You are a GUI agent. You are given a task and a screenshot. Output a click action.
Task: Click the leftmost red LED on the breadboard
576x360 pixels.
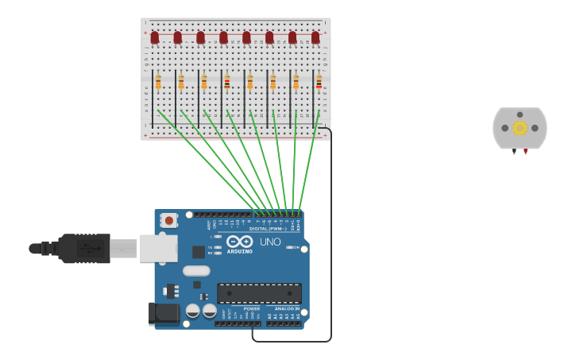click(x=155, y=37)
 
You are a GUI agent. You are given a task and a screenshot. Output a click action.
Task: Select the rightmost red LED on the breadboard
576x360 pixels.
click(x=315, y=37)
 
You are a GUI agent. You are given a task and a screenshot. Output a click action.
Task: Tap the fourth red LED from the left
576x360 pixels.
click(x=224, y=37)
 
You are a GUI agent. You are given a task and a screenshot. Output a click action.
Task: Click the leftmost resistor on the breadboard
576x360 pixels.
click(x=158, y=82)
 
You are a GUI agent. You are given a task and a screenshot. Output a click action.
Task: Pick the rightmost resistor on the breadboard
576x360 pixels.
click(x=319, y=82)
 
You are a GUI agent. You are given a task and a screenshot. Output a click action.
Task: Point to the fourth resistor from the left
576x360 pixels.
click(x=227, y=82)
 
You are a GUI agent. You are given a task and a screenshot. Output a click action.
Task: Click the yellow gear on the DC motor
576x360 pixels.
click(x=520, y=128)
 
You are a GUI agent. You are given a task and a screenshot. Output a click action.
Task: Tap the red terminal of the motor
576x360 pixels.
click(x=525, y=151)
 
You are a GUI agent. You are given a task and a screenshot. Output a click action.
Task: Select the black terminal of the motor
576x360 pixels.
click(x=514, y=151)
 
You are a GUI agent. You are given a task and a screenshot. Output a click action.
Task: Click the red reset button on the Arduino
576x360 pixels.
click(x=168, y=220)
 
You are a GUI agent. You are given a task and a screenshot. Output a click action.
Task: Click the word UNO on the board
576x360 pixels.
click(x=270, y=242)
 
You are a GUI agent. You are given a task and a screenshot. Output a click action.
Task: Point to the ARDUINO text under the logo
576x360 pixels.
click(x=240, y=251)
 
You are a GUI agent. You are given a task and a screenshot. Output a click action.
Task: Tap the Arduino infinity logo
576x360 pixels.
click(x=240, y=241)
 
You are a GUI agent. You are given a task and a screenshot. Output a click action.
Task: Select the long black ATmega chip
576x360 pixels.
click(x=259, y=293)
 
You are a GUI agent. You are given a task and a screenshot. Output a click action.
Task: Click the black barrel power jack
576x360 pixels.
click(x=164, y=313)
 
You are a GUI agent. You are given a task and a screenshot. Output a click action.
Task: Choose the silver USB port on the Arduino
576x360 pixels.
click(x=158, y=248)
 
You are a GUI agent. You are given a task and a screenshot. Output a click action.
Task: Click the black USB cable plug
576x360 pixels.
click(x=83, y=248)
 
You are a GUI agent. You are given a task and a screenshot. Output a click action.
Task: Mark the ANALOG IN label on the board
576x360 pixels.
click(x=288, y=308)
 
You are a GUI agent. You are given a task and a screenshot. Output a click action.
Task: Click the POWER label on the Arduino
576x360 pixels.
click(x=251, y=308)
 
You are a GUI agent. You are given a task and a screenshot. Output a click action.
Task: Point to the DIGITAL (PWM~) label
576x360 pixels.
click(x=268, y=228)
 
